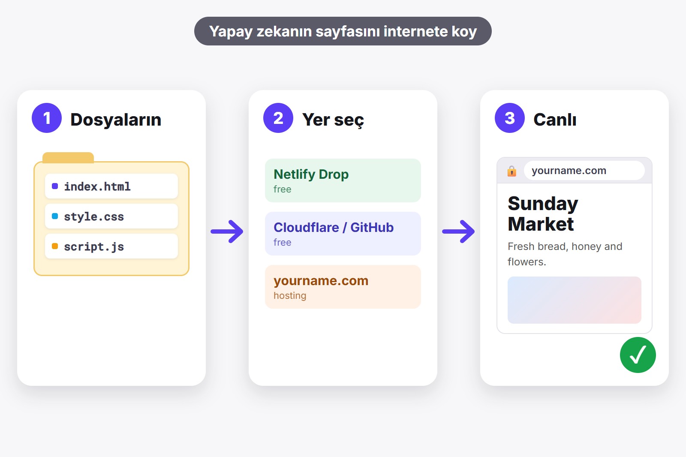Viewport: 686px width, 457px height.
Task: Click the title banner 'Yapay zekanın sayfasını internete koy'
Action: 343,31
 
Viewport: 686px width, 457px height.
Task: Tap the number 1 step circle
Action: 47,118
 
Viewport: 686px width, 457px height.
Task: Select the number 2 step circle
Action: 278,118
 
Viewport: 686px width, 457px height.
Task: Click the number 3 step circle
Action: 510,118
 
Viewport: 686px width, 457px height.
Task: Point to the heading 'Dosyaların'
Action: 116,120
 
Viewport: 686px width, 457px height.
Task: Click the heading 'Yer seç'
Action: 333,120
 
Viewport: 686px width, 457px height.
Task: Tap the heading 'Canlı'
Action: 555,120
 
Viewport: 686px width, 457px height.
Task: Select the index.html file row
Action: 111,186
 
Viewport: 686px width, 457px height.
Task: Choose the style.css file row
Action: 111,216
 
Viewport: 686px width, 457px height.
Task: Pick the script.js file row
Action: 111,246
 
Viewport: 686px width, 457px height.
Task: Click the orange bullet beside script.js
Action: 55,246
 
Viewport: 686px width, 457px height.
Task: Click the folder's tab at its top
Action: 68,157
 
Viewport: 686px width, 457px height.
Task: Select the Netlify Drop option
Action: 343,180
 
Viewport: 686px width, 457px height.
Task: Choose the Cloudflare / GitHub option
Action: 343,233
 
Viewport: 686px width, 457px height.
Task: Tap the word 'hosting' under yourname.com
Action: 290,295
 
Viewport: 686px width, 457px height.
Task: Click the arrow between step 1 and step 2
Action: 227,232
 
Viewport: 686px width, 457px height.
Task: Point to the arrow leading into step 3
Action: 458,232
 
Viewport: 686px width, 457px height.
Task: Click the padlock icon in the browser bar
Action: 512,171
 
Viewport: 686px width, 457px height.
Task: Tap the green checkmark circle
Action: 638,355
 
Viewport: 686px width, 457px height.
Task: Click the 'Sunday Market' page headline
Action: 543,213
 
